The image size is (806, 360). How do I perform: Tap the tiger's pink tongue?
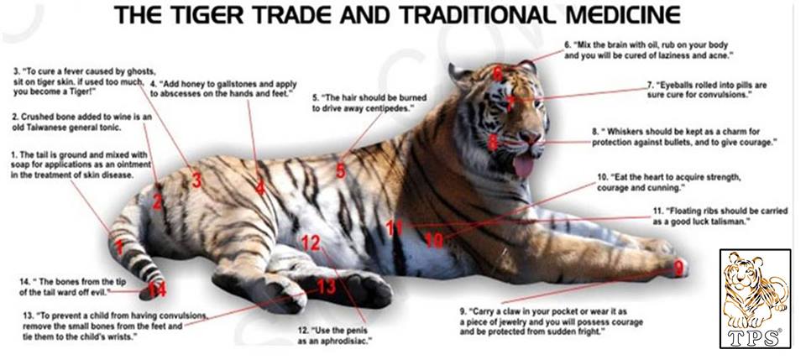523,166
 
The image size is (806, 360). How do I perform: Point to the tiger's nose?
531,136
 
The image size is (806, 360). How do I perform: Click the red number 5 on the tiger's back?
341,171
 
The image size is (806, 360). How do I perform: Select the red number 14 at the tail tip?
157,290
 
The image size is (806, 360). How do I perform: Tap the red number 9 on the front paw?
679,268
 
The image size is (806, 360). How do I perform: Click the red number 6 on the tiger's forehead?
497,75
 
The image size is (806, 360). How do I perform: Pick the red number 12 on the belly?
311,243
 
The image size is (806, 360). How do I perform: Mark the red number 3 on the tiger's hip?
196,180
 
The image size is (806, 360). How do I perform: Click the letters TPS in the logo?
755,338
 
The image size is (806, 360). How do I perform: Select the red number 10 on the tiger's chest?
435,240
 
